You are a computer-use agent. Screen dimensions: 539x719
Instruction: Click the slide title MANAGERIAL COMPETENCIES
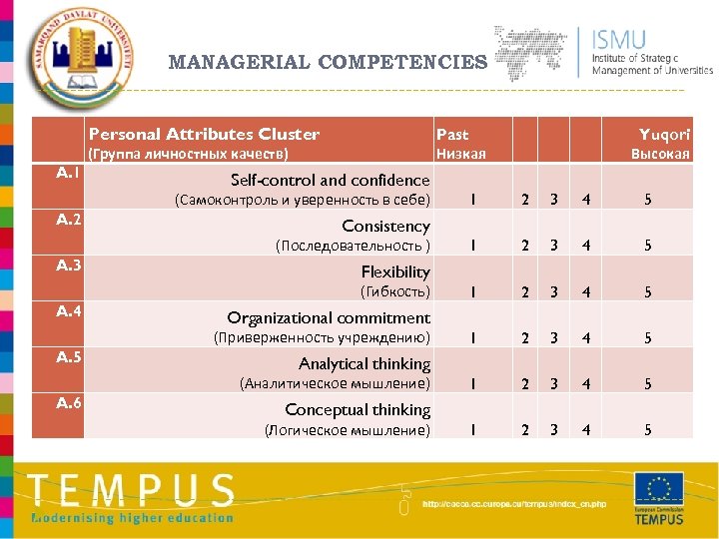(x=328, y=63)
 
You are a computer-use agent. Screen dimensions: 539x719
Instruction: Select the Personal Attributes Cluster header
(x=204, y=134)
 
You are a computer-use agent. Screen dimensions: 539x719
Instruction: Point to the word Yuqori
(x=664, y=134)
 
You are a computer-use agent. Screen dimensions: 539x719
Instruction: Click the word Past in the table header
(x=452, y=134)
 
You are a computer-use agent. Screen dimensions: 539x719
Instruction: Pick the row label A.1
(x=69, y=174)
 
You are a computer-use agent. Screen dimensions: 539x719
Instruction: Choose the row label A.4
(x=69, y=311)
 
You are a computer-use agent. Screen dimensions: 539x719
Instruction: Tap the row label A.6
(x=69, y=403)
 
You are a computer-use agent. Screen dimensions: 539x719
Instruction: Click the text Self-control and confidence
(x=330, y=181)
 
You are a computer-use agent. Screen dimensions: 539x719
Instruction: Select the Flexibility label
(x=395, y=271)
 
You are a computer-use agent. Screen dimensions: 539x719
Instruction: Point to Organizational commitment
(x=329, y=318)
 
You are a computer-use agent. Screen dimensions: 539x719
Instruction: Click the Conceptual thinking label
(x=358, y=410)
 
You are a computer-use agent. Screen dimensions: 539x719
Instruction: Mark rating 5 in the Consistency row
(x=647, y=246)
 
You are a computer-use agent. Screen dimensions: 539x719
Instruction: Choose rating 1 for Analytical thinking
(x=472, y=383)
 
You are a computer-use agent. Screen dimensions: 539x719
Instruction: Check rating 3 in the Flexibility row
(x=553, y=291)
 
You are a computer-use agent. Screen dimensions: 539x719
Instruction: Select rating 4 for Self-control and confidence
(x=586, y=200)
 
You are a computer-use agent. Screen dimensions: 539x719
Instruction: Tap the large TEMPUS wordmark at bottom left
(x=133, y=491)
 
